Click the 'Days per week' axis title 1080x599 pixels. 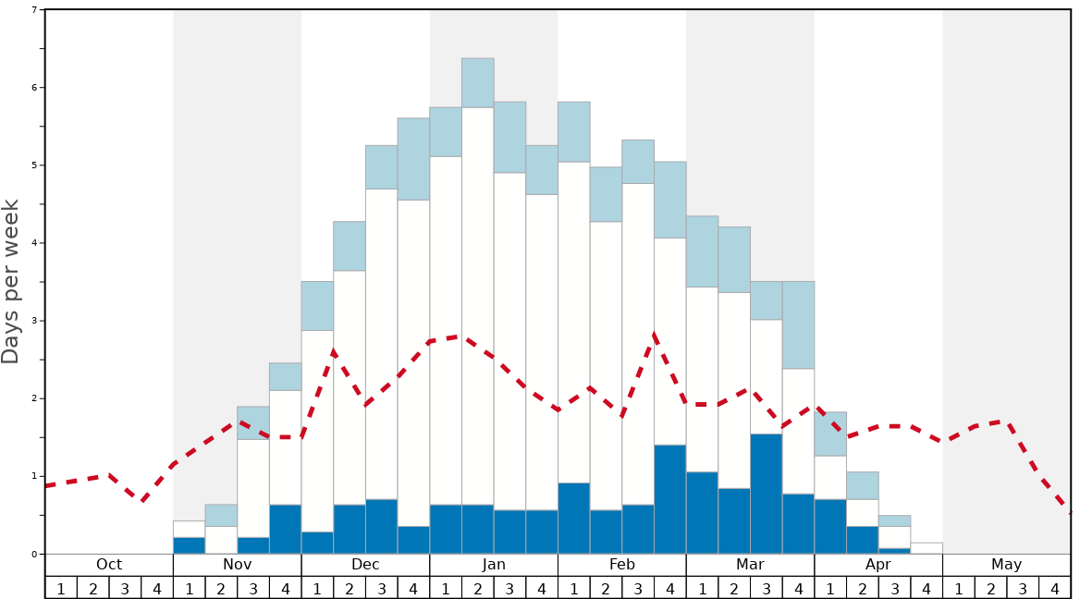pyautogui.click(x=11, y=281)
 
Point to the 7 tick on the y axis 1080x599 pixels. pyautogui.click(x=34, y=10)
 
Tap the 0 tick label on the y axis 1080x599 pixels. pyautogui.click(x=34, y=555)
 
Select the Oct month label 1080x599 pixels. pyautogui.click(x=109, y=565)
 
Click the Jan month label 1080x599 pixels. pyautogui.click(x=494, y=565)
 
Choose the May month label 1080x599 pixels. pyautogui.click(x=1007, y=565)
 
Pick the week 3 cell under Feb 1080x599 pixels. pyautogui.click(x=638, y=588)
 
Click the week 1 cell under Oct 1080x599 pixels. pyautogui.click(x=61, y=588)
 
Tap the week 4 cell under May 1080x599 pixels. pyautogui.click(x=1055, y=588)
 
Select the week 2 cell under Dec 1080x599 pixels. pyautogui.click(x=350, y=588)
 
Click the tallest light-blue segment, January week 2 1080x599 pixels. pyautogui.click(x=478, y=83)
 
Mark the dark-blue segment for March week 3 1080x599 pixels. pyautogui.click(x=767, y=494)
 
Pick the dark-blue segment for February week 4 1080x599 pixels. pyautogui.click(x=670, y=499)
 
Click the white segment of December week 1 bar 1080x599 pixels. pyautogui.click(x=317, y=431)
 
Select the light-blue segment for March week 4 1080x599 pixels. pyautogui.click(x=799, y=324)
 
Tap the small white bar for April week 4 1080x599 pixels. pyautogui.click(x=927, y=548)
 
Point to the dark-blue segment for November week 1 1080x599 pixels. pyautogui.click(x=190, y=545)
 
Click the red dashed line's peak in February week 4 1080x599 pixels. pyautogui.click(x=655, y=334)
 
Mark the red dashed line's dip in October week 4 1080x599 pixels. pyautogui.click(x=141, y=500)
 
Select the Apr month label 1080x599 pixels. pyautogui.click(x=878, y=565)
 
